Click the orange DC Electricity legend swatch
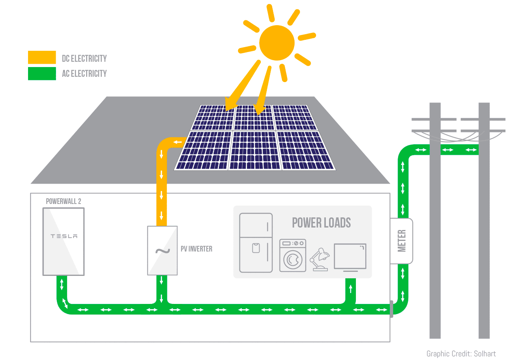[42, 57]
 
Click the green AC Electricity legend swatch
[42, 74]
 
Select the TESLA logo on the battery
[64, 236]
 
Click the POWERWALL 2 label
[63, 201]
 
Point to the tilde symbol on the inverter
[162, 250]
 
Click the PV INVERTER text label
[197, 249]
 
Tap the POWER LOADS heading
[321, 223]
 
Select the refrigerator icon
[256, 243]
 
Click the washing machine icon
[292, 256]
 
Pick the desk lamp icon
[320, 260]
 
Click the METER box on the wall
[401, 241]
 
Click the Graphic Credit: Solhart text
[461, 353]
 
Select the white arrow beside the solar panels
[177, 142]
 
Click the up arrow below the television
[351, 289]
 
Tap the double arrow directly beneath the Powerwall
[62, 284]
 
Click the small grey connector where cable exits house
[391, 309]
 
